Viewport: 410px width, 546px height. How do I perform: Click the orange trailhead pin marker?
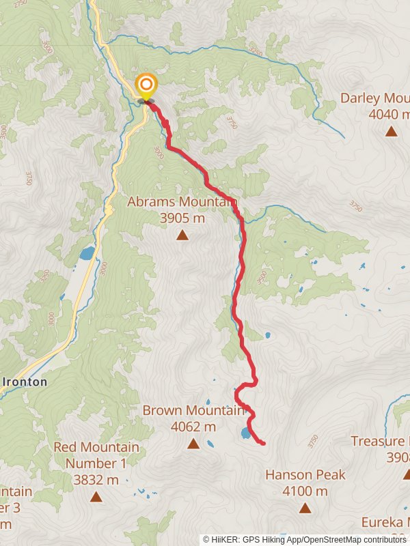point(146,86)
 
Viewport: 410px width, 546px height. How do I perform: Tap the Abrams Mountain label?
point(182,202)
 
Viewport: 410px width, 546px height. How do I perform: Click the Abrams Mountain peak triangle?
point(182,235)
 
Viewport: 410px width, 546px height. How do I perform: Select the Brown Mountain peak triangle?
point(193,444)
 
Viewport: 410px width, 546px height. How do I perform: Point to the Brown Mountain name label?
point(193,410)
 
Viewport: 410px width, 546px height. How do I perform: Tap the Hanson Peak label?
point(305,474)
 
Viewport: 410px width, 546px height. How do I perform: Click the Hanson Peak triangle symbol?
point(305,508)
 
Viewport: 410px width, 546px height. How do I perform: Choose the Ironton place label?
point(27,382)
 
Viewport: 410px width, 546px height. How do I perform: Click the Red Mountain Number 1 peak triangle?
point(96,498)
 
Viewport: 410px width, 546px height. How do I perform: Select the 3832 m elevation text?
point(96,480)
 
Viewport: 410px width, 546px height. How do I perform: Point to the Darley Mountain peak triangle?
point(391,131)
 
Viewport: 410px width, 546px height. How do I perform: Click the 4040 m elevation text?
point(389,114)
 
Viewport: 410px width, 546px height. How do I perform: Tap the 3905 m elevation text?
point(182,218)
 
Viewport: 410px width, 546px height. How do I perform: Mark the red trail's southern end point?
point(264,444)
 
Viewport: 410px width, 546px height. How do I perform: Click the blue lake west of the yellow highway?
point(87,254)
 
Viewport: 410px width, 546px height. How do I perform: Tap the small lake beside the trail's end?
point(245,433)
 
